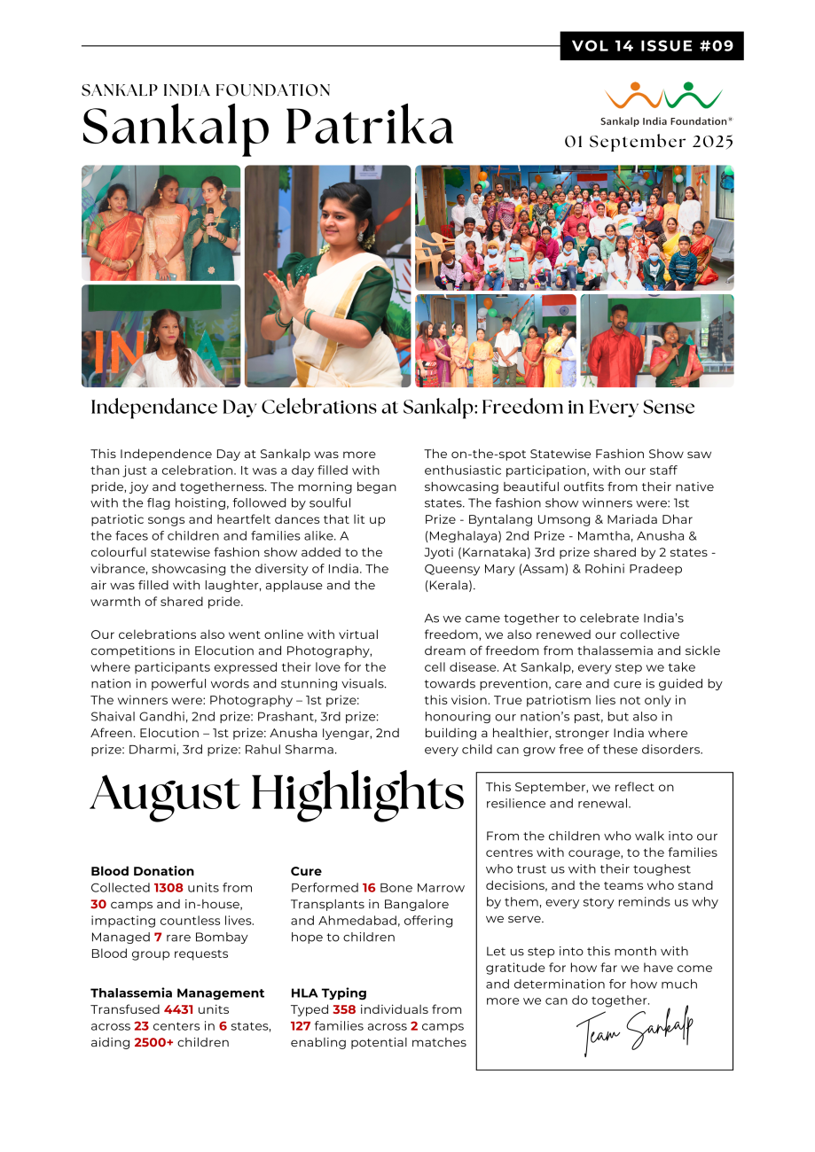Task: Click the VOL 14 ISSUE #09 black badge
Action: tap(652, 46)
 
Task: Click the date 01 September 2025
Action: tap(649, 142)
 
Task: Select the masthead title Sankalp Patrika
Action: tap(268, 128)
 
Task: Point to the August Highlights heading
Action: tap(277, 793)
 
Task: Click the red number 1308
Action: tap(168, 888)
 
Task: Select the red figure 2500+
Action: tap(154, 1043)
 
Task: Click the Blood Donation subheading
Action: tap(142, 871)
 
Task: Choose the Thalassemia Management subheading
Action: tap(177, 993)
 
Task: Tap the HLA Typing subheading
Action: tap(328, 993)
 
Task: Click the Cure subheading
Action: tap(306, 871)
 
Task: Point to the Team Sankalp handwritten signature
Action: tap(634, 1031)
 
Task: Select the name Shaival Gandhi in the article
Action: tap(133, 717)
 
